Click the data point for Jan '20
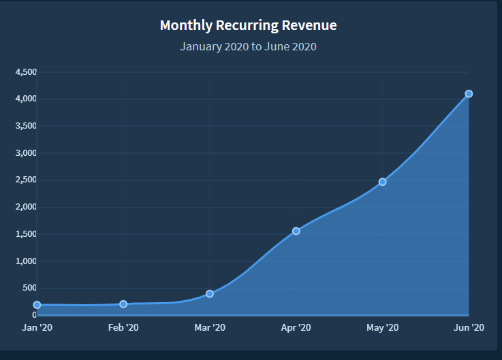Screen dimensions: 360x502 click(x=37, y=305)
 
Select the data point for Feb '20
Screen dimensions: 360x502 click(x=123, y=304)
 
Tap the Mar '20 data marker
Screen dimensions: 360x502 click(x=210, y=294)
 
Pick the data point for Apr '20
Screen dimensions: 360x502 click(x=296, y=231)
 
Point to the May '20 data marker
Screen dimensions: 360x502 click(x=382, y=182)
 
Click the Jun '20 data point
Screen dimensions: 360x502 click(x=469, y=94)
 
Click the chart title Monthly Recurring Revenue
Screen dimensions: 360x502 click(x=248, y=26)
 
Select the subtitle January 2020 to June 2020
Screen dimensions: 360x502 click(x=248, y=47)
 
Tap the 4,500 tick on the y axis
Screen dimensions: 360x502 click(x=26, y=72)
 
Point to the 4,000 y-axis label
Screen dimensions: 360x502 click(x=26, y=99)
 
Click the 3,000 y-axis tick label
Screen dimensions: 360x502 click(x=26, y=153)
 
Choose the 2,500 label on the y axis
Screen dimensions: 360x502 click(x=26, y=180)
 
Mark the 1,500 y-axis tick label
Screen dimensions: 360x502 click(x=26, y=234)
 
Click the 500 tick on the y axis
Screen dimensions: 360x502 click(x=31, y=288)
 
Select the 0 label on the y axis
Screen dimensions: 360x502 click(x=34, y=315)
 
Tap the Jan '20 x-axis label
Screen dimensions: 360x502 click(x=37, y=328)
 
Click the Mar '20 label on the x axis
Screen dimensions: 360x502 click(x=210, y=328)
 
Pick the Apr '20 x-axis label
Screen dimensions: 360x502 click(x=296, y=328)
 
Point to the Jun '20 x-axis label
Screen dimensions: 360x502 click(x=469, y=328)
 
